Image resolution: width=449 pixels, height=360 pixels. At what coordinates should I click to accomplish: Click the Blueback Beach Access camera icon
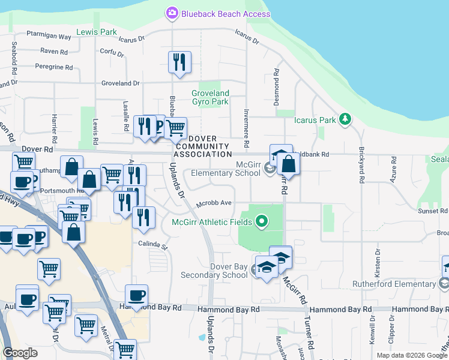[x=172, y=13]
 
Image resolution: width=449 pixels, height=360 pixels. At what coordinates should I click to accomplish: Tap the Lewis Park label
[x=97, y=31]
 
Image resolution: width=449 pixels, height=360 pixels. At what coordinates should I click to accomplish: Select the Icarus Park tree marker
[x=345, y=119]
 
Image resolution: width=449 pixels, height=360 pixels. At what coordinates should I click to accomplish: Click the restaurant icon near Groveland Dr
[x=179, y=62]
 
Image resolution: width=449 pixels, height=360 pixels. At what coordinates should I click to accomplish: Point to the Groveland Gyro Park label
[x=211, y=97]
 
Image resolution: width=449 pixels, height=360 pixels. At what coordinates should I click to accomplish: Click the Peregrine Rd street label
[x=53, y=67]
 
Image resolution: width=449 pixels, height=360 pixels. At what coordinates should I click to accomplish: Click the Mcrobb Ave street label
[x=214, y=203]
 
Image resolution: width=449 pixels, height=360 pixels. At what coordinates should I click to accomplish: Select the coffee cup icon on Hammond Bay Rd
[x=137, y=295]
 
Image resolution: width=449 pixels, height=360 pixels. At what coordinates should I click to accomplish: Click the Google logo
[x=20, y=353]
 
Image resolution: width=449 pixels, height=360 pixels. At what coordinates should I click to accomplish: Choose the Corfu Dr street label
[x=112, y=53]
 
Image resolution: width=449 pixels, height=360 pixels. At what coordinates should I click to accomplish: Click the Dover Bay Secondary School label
[x=229, y=271]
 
